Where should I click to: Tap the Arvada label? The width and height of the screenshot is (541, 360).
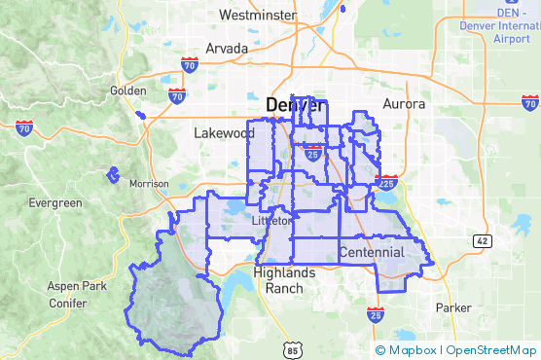click(x=227, y=49)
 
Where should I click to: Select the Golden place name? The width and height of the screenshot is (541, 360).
click(x=127, y=90)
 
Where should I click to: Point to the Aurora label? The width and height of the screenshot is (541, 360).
click(x=404, y=103)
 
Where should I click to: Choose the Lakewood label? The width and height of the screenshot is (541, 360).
click(x=224, y=133)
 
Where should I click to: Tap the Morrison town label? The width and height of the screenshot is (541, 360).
click(x=149, y=183)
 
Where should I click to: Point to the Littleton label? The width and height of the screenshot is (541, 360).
click(x=271, y=221)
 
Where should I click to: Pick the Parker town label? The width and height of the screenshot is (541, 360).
click(x=452, y=307)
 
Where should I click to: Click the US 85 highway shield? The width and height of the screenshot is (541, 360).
click(x=293, y=347)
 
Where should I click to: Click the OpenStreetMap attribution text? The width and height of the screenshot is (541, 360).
click(x=491, y=349)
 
